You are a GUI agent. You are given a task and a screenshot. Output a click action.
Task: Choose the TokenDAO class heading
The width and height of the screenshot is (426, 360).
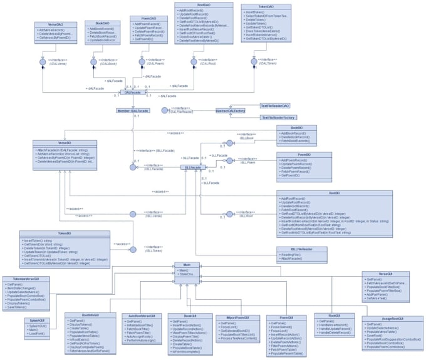tap(259, 6)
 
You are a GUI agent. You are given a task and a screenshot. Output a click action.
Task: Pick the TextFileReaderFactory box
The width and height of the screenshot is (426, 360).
tap(278, 117)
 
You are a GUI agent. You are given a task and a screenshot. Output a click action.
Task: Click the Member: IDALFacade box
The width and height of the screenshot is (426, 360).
tap(133, 110)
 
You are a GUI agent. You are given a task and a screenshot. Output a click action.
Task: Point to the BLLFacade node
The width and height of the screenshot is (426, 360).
tap(194, 167)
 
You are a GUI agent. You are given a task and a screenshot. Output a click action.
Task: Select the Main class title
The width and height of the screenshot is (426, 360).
tap(187, 265)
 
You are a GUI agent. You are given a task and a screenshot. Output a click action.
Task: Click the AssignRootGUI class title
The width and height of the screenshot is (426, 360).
tap(388, 318)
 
